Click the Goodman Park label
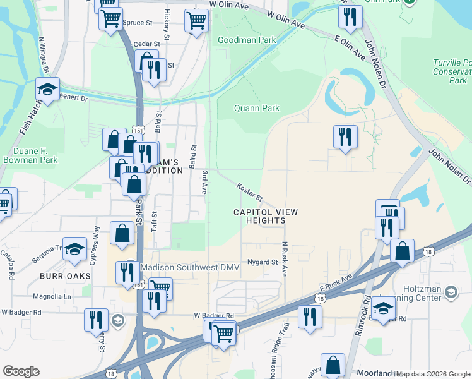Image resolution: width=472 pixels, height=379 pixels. [x=247, y=40]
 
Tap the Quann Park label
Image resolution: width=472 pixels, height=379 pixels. [x=256, y=108]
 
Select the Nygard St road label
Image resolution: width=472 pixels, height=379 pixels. [x=263, y=262]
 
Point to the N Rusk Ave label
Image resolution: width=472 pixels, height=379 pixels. [x=285, y=259]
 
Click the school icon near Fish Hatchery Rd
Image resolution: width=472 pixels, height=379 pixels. [x=47, y=88]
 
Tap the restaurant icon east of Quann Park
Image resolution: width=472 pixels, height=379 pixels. [x=345, y=136]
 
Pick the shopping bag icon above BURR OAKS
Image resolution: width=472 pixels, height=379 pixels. [x=122, y=233]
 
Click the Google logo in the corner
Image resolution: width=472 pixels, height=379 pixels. [x=21, y=371]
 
